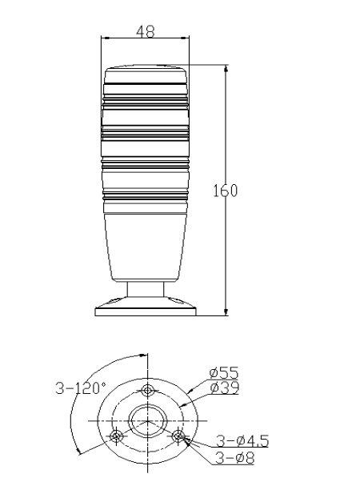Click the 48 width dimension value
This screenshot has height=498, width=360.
[146, 31]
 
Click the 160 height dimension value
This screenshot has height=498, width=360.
[225, 191]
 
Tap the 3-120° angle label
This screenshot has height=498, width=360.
[81, 388]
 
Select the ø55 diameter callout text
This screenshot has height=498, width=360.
[224, 372]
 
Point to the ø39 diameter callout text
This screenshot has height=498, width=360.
[224, 388]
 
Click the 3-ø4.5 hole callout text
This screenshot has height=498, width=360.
[242, 441]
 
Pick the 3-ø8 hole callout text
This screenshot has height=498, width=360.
[235, 458]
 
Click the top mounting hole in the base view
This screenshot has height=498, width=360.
[148, 391]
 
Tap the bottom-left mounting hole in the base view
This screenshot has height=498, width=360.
[116, 436]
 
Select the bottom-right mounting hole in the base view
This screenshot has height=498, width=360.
[178, 436]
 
